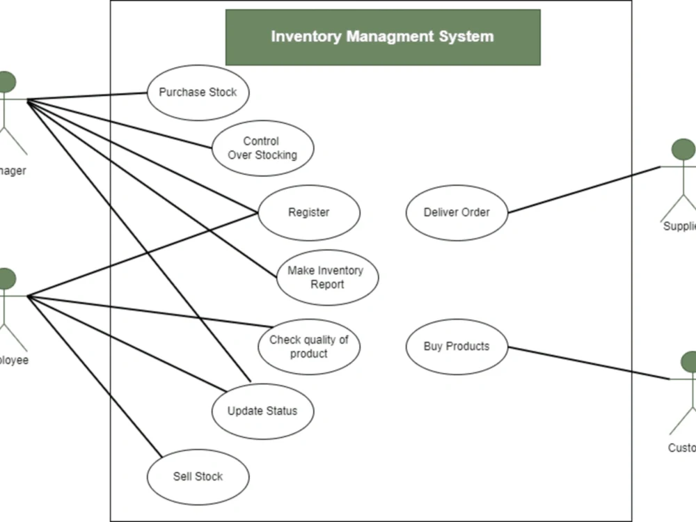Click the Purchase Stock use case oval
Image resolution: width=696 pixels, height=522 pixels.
[x=198, y=93]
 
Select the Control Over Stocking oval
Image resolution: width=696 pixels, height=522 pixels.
[x=262, y=148]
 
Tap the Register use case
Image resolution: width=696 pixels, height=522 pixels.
[x=309, y=212]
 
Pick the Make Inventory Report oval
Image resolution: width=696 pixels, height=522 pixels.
[x=327, y=277]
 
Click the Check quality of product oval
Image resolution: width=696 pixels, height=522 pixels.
[x=309, y=347]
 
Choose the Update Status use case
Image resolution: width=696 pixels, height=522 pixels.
[x=262, y=411]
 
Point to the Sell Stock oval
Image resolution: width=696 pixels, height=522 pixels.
[x=198, y=477]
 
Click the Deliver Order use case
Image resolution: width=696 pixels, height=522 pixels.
[x=457, y=212]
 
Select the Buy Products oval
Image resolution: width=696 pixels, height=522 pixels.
[x=457, y=347]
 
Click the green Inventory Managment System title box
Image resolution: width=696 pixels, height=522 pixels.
[x=383, y=37]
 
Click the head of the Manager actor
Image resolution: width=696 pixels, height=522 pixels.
[x=6, y=81]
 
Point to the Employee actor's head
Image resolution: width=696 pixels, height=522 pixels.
[x=6, y=279]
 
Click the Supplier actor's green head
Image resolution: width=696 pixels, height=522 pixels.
[x=684, y=149]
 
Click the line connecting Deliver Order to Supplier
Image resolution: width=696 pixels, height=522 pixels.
[x=585, y=189]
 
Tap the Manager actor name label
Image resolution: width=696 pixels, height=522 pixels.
[x=13, y=171]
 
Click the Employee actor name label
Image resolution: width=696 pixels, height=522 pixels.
[x=14, y=361]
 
